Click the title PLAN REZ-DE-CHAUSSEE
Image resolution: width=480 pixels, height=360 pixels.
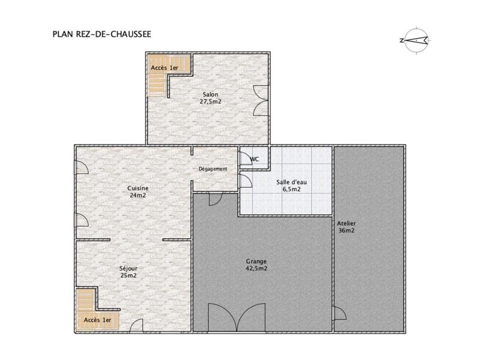coord(101,34)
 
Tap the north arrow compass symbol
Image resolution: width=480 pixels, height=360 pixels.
coord(413,40)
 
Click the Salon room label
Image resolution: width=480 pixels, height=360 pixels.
coord(210,95)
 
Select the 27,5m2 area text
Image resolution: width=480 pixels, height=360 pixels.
coord(211,102)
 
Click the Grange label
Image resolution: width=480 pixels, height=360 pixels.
coord(256,261)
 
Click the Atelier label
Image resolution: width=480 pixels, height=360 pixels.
coord(346,223)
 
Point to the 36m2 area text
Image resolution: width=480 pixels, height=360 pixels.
coord(346,230)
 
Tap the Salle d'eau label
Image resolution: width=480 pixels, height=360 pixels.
coord(289,182)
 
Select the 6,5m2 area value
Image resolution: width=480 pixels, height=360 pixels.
coord(289,189)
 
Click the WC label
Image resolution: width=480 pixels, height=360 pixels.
coord(254,159)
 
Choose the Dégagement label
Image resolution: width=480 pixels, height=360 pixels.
coord(213,169)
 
